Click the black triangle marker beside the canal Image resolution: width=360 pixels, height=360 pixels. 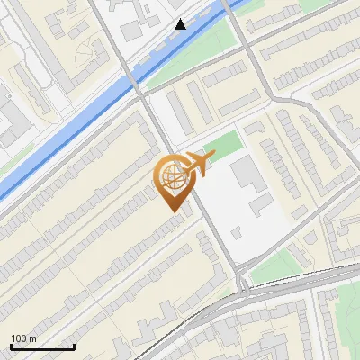pos(181,24)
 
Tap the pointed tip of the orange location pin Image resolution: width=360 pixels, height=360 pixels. pos(171,211)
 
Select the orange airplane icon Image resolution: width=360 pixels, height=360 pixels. pos(199,164)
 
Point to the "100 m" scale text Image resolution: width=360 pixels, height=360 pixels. pos(24,338)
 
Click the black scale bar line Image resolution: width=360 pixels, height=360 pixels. pos(42,346)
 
